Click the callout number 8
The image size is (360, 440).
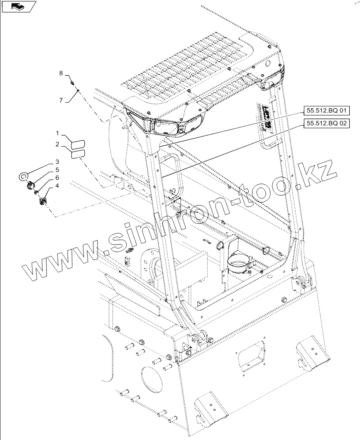61,73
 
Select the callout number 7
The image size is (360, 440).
61,100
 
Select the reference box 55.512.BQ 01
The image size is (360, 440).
326,111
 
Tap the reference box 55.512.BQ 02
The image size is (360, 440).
326,123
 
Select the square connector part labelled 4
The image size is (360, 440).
42,202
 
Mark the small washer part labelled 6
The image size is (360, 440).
37,192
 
